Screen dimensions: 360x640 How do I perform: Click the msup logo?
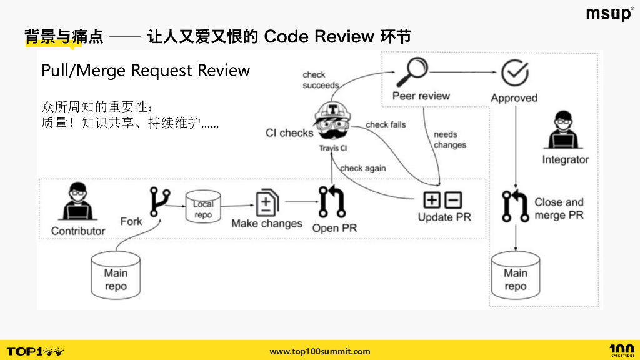609,14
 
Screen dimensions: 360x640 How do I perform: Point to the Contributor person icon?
77,202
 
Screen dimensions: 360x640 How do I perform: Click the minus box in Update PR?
453,200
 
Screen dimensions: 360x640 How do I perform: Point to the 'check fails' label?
386,124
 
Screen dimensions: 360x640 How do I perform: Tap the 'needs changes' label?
449,139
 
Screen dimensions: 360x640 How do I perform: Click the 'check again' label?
362,168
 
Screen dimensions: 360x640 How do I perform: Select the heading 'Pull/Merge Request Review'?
146,71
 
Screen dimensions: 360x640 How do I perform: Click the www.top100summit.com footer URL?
320,351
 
